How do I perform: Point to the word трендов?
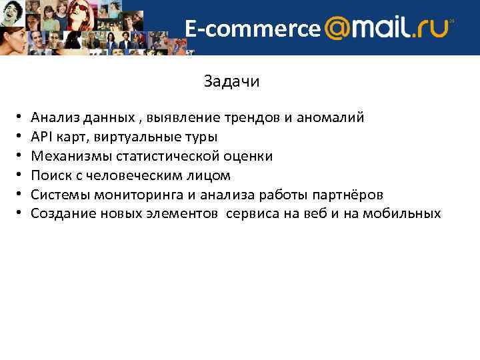(x=257, y=118)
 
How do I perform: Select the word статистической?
(x=165, y=157)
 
